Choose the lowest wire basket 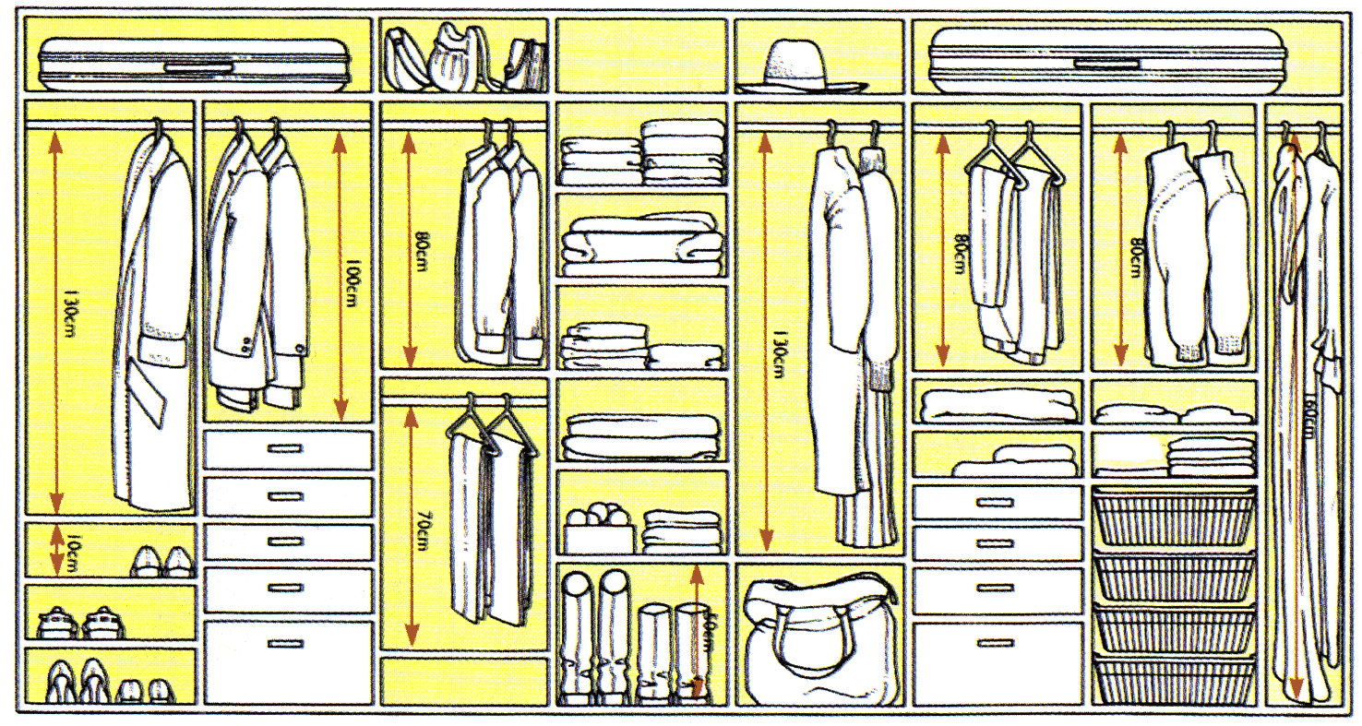pyautogui.click(x=1173, y=679)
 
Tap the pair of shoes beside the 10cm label pyautogui.click(x=161, y=561)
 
